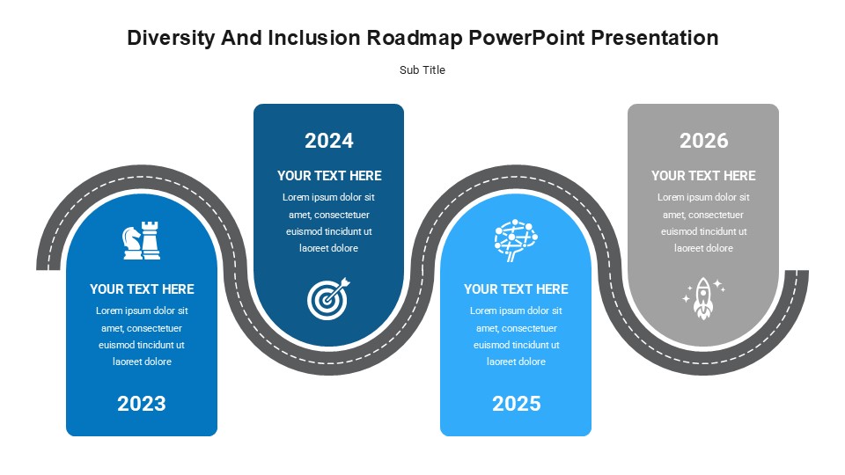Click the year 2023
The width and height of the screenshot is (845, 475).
tap(141, 404)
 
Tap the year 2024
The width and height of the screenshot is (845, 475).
tap(328, 141)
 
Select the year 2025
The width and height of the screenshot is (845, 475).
tap(517, 404)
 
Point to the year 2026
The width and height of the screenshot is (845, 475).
tap(704, 141)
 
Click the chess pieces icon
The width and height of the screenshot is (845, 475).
tap(142, 240)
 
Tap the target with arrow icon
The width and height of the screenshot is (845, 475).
tap(328, 299)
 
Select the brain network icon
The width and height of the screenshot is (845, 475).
tap(516, 240)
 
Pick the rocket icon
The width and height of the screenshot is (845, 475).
tap(703, 299)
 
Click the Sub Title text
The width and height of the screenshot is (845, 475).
tap(422, 70)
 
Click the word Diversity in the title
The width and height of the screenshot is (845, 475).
tap(171, 38)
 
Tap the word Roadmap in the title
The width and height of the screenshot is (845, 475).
tap(415, 38)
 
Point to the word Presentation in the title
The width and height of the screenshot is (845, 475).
tap(655, 38)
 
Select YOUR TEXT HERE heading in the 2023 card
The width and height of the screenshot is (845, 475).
tap(142, 289)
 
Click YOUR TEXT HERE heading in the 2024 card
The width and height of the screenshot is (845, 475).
tap(329, 176)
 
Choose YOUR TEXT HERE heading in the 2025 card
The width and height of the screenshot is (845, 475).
tap(516, 289)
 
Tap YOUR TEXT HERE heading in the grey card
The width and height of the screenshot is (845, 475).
tap(703, 176)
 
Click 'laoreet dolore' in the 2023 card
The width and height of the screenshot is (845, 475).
tap(142, 362)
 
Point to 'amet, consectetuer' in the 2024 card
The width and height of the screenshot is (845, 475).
tap(328, 215)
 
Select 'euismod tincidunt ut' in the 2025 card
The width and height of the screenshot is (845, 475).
tap(517, 345)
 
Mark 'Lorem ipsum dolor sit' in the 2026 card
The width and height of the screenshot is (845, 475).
tap(703, 197)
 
